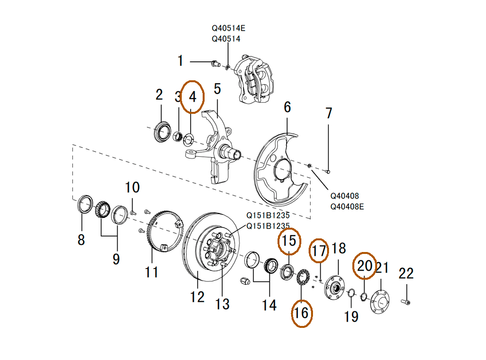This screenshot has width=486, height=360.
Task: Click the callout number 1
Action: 180,61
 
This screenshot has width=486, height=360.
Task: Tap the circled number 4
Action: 193,96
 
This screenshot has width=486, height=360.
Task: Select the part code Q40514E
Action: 228,29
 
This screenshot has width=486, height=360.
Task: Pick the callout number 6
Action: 287,107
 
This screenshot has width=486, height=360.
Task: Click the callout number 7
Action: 329,113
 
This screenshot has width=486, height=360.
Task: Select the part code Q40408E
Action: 347,206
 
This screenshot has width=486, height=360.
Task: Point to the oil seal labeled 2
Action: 162,132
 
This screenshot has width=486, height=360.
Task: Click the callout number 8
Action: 81,239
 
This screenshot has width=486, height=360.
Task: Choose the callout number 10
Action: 132,187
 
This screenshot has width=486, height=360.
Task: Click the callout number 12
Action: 197,296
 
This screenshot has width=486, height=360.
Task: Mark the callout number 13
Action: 222,304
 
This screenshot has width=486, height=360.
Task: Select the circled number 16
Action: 301,313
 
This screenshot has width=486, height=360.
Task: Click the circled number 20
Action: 364,266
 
